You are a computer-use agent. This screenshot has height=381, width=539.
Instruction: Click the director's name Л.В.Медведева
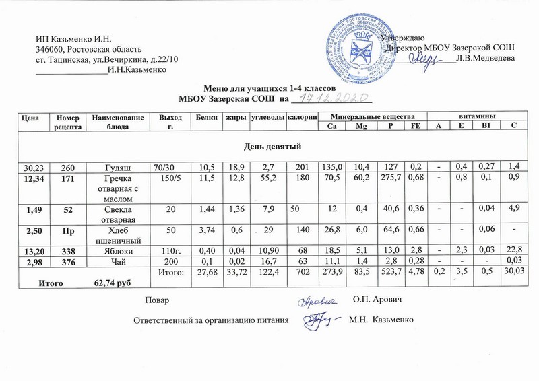tap(486, 59)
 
